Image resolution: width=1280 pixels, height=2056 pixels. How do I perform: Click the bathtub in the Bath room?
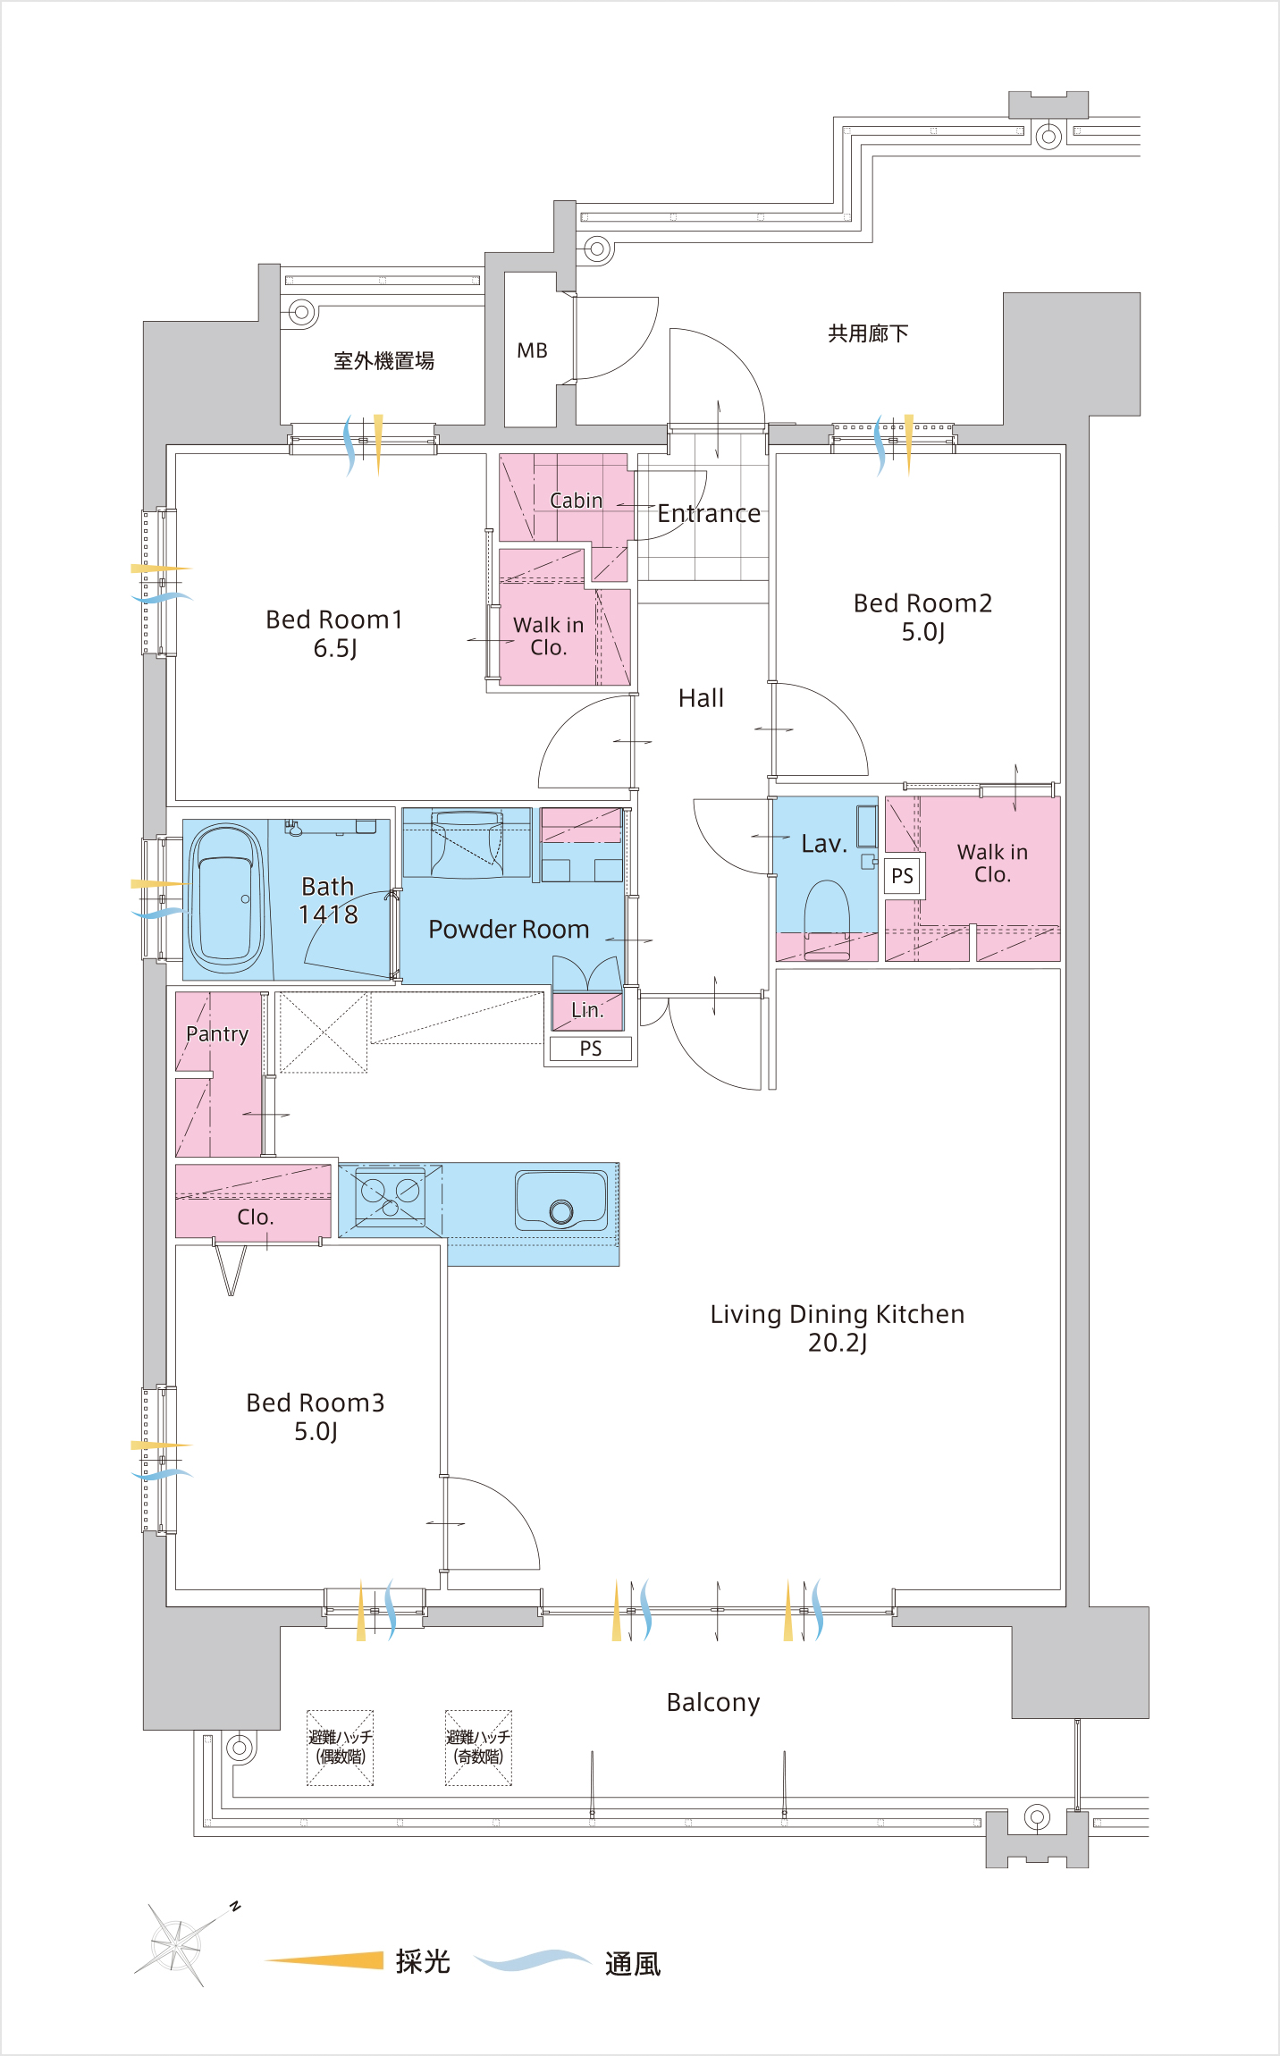pyautogui.click(x=226, y=898)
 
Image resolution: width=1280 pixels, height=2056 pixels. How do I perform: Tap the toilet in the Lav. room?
pyautogui.click(x=827, y=919)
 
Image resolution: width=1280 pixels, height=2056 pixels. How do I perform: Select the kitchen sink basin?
pyautogui.click(x=561, y=1201)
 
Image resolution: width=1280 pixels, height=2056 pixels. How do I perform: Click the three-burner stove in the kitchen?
pyautogui.click(x=391, y=1196)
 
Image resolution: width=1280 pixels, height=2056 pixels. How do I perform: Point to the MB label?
pyautogui.click(x=532, y=350)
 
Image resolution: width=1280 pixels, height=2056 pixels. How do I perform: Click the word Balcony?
pyautogui.click(x=713, y=1703)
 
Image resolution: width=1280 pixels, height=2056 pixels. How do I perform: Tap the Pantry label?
pyautogui.click(x=217, y=1034)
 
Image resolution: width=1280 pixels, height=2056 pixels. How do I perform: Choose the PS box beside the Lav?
pyautogui.click(x=903, y=875)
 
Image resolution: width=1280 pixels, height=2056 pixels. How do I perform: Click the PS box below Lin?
pyautogui.click(x=591, y=1049)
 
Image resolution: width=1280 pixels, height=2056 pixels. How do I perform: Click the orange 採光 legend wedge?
pyautogui.click(x=324, y=1960)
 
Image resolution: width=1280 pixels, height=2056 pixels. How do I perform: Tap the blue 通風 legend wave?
pyautogui.click(x=532, y=1960)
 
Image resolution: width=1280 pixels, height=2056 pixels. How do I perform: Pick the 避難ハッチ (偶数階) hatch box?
pyautogui.click(x=341, y=1748)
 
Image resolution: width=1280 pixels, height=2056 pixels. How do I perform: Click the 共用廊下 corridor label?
pyautogui.click(x=868, y=333)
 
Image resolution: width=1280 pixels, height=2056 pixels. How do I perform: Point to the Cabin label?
pyautogui.click(x=577, y=501)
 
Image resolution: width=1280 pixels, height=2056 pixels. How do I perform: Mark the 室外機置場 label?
pyautogui.click(x=383, y=361)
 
